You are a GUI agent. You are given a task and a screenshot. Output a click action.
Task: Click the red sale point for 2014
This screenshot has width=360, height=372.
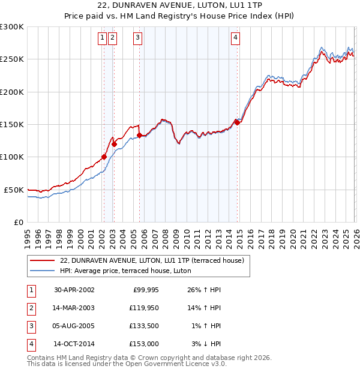point(237,122)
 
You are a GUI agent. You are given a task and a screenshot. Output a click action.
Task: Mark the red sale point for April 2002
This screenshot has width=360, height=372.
point(104,157)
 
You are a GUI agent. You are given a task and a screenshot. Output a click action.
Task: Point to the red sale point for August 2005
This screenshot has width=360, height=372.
point(139,135)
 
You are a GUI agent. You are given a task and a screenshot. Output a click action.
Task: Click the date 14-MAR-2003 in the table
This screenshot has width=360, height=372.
point(74,308)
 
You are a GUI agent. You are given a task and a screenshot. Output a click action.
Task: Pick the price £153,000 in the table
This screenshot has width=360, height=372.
point(145,344)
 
